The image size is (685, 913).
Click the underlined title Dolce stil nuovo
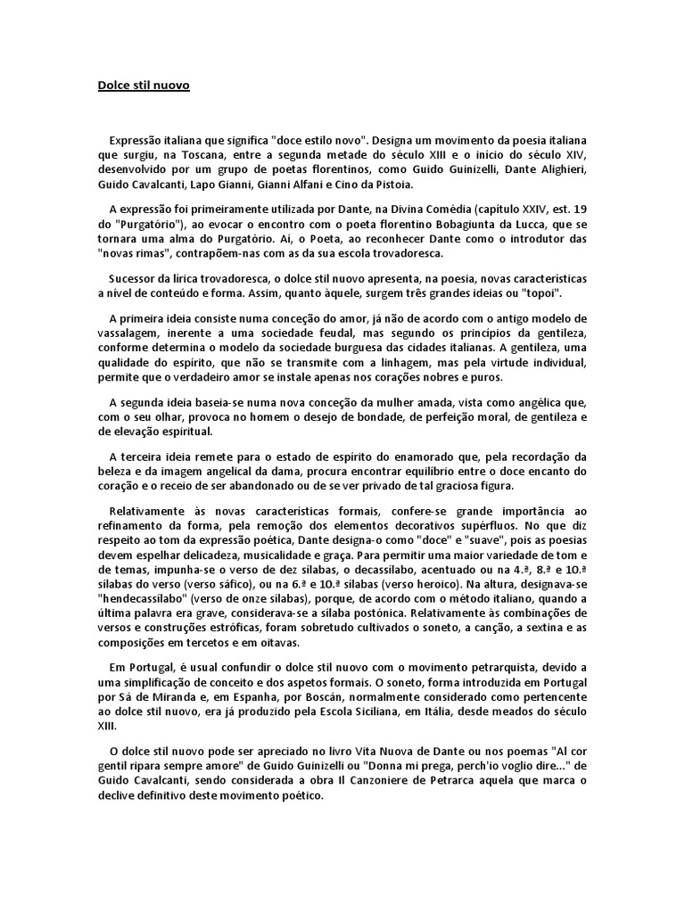pos(144,86)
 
